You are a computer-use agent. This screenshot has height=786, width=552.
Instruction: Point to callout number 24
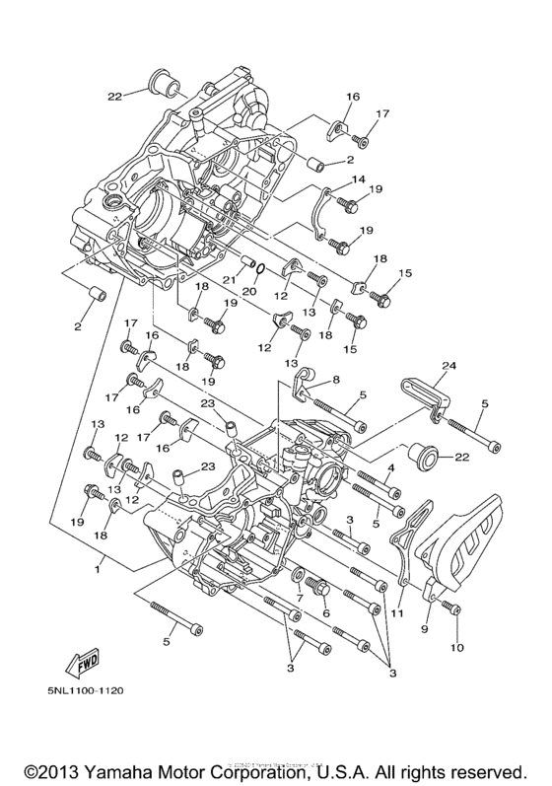click(x=448, y=366)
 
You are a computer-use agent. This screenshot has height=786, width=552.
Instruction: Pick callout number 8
click(x=334, y=379)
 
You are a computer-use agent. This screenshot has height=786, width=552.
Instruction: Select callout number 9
click(x=427, y=627)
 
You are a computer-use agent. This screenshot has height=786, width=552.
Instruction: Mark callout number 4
click(x=390, y=467)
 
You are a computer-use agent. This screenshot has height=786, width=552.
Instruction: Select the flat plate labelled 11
click(x=403, y=547)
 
